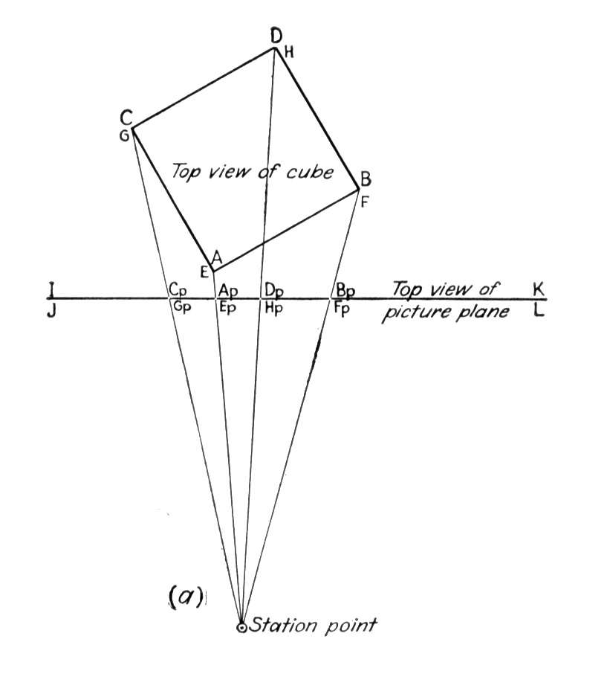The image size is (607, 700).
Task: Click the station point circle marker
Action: tap(241, 627)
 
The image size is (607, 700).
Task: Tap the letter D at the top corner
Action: tap(277, 36)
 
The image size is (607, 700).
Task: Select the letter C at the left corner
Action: tap(126, 118)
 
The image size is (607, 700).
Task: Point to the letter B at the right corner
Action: tap(366, 180)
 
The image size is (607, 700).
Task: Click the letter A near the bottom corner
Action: tap(216, 257)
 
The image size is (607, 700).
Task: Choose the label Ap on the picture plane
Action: tap(228, 291)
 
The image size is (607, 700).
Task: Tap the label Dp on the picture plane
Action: tap(274, 290)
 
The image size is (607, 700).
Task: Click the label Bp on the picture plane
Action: tap(345, 291)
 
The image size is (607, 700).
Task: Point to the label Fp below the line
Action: tap(342, 309)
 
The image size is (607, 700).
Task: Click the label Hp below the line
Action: tap(273, 309)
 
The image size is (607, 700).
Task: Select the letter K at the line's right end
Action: tap(539, 289)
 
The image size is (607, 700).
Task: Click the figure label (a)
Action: tap(186, 597)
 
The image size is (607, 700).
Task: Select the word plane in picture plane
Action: tap(479, 312)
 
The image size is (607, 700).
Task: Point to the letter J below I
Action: tap(52, 310)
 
